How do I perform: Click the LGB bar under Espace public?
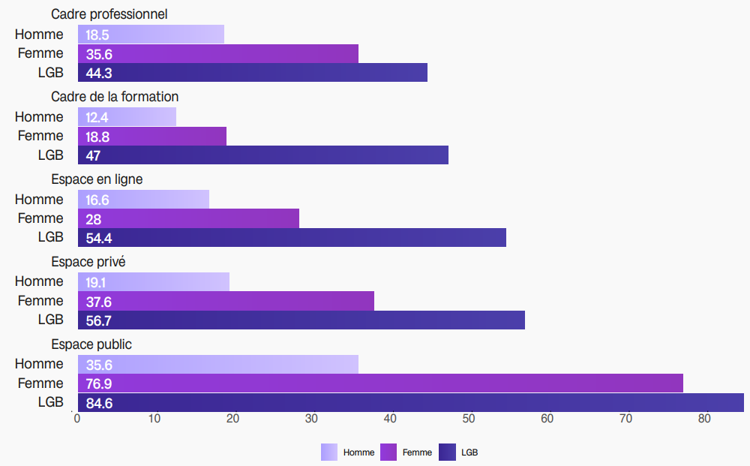tap(410, 403)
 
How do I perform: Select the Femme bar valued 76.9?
tap(380, 383)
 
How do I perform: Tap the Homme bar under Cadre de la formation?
tap(127, 117)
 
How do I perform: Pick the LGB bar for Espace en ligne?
tap(292, 238)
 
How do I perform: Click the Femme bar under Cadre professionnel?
tap(217, 54)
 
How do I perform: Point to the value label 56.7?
tap(98, 320)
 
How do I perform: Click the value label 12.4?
tap(97, 118)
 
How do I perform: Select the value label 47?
tap(93, 156)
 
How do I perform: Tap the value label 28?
tap(93, 219)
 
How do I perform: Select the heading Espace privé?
tap(88, 262)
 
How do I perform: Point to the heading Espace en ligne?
tap(97, 179)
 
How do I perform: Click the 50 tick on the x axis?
tap(469, 419)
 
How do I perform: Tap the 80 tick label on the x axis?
tap(703, 419)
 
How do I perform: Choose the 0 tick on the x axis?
tap(77, 419)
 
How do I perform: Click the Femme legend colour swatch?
tap(388, 452)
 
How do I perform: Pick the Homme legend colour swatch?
tap(329, 452)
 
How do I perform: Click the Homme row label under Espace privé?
tap(39, 281)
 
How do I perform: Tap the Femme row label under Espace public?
tap(40, 383)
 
